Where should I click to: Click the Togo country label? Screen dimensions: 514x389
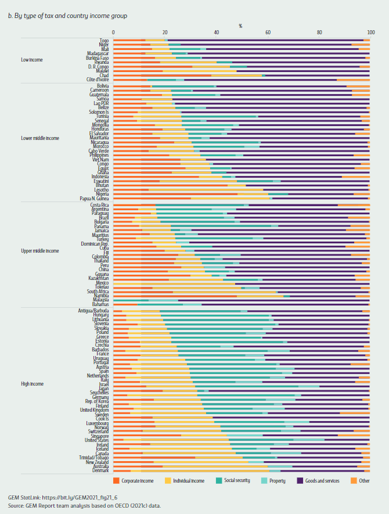(104, 40)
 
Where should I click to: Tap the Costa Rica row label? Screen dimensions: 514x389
(100, 205)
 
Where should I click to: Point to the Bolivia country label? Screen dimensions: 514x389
(102, 86)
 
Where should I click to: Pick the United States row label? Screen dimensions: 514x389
(97, 440)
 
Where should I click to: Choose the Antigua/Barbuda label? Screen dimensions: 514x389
(93, 311)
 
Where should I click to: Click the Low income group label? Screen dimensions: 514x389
(32, 59)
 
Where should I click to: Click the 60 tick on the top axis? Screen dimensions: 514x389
(268, 33)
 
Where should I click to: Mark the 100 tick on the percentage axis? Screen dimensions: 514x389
(369, 33)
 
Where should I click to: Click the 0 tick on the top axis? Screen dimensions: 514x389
(113, 33)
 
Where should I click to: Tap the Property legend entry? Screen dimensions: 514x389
(275, 480)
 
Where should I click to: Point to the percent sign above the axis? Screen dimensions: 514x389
(240, 26)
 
